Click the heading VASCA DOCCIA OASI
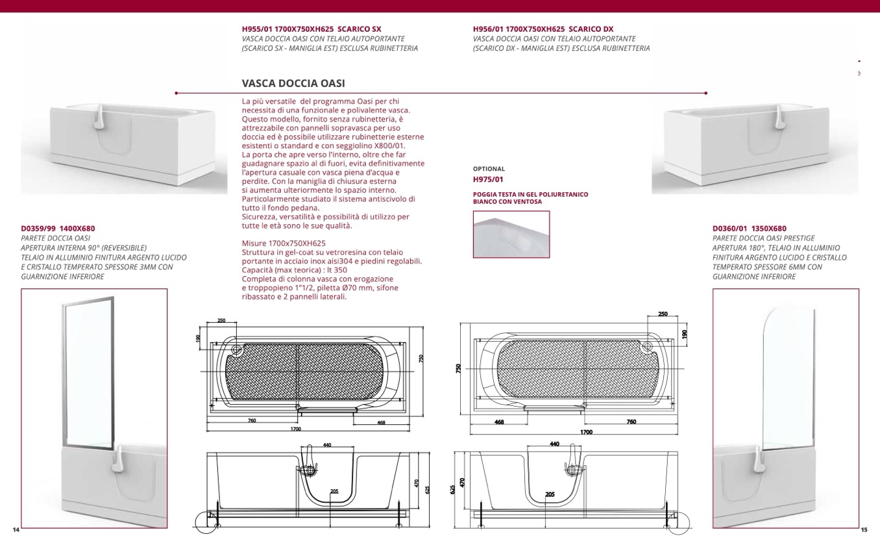[293, 84]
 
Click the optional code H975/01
[488, 179]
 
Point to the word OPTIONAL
[489, 169]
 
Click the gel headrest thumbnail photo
[511, 234]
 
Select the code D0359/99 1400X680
[58, 229]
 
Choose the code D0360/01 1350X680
[749, 229]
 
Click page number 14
[16, 530]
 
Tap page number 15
[863, 530]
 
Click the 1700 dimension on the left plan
[296, 429]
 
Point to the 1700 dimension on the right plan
[585, 431]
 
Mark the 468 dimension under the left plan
[381, 422]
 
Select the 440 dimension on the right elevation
[554, 444]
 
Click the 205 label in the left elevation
[334, 491]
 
